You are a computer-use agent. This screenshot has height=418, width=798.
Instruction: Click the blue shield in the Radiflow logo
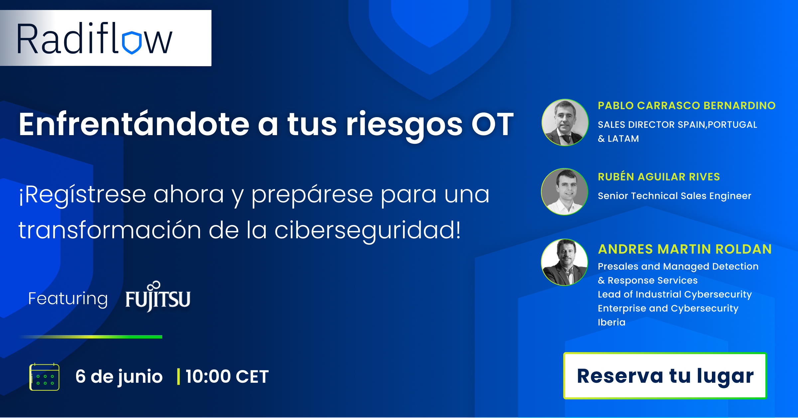point(132,43)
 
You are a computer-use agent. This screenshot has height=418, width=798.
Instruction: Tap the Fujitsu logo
point(158,296)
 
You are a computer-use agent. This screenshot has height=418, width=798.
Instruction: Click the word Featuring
point(68,299)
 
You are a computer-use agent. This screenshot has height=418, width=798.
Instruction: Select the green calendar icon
point(44,377)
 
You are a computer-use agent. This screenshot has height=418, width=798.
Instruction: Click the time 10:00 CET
point(227,377)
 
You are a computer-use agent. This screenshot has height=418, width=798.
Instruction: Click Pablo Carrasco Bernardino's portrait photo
point(565,122)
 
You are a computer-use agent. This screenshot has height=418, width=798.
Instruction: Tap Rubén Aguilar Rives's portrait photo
point(565,192)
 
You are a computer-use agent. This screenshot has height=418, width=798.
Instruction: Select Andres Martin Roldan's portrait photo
point(565,262)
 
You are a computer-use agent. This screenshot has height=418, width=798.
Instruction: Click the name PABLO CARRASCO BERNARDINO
point(687,105)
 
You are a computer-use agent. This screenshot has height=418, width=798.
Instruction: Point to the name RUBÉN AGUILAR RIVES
point(659,177)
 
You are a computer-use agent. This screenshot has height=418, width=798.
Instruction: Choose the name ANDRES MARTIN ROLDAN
point(685,249)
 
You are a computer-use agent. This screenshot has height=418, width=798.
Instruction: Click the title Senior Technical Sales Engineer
point(674,196)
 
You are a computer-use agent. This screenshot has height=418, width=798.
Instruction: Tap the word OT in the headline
point(492,124)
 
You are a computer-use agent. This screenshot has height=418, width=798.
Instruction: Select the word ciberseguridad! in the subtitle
point(368,230)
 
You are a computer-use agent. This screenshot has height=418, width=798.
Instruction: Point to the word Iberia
point(611,322)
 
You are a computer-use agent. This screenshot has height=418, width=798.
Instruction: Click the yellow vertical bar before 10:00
point(179,377)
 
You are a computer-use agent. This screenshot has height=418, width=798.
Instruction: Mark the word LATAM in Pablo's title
point(623,138)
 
